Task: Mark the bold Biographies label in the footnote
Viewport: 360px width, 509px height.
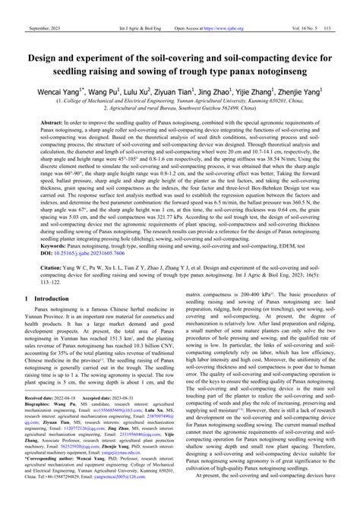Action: [x=33, y=428]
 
